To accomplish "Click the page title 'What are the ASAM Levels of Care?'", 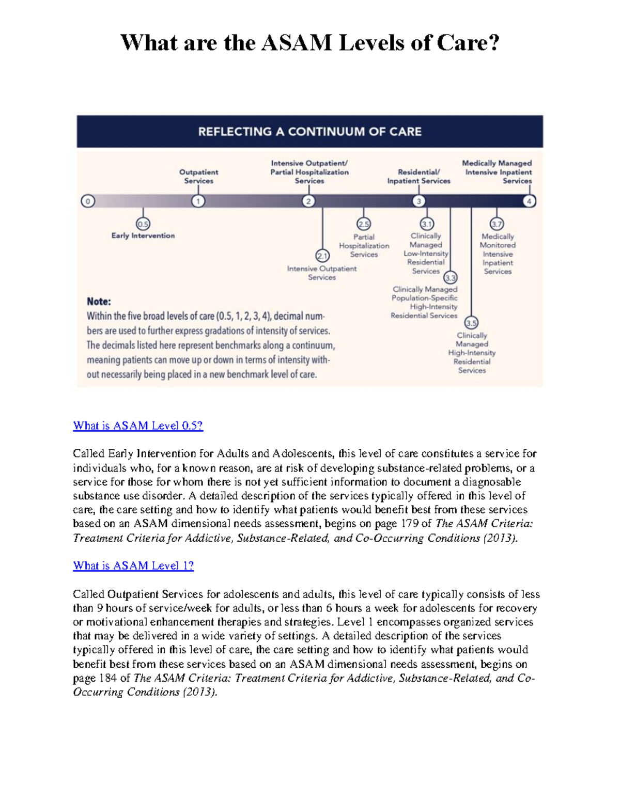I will (309, 43).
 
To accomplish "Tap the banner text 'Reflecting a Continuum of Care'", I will (309, 132).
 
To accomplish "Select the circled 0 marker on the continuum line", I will (88, 201).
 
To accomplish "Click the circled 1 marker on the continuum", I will (198, 201).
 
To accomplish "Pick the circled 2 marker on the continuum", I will (308, 201).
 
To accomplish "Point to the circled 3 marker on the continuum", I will (419, 201).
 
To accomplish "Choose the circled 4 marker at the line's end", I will (529, 201).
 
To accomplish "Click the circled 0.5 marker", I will (143, 224).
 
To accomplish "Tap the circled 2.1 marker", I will (322, 256).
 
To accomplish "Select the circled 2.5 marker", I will (364, 224).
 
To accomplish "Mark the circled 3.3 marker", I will (451, 278).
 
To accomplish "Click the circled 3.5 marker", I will (471, 323).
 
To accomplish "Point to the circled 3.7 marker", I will (497, 224).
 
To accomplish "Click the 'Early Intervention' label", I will (143, 236).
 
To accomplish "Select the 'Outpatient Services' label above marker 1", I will (198, 177).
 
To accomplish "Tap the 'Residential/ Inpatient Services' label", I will (419, 177).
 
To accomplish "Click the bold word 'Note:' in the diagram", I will (99, 302).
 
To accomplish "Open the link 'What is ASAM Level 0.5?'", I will (138, 426).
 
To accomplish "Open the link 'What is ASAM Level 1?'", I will (133, 566).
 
